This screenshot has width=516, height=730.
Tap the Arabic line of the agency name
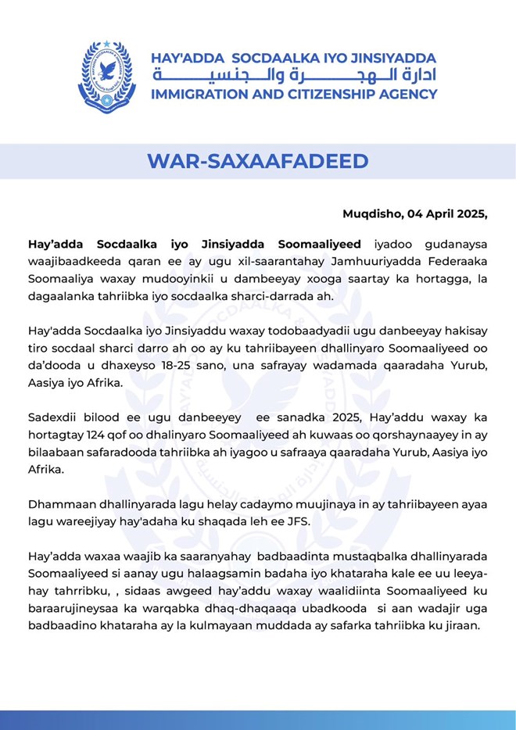click(x=294, y=76)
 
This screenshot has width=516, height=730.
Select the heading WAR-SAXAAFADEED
click(x=257, y=162)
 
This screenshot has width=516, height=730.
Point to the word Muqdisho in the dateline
click(x=371, y=213)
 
